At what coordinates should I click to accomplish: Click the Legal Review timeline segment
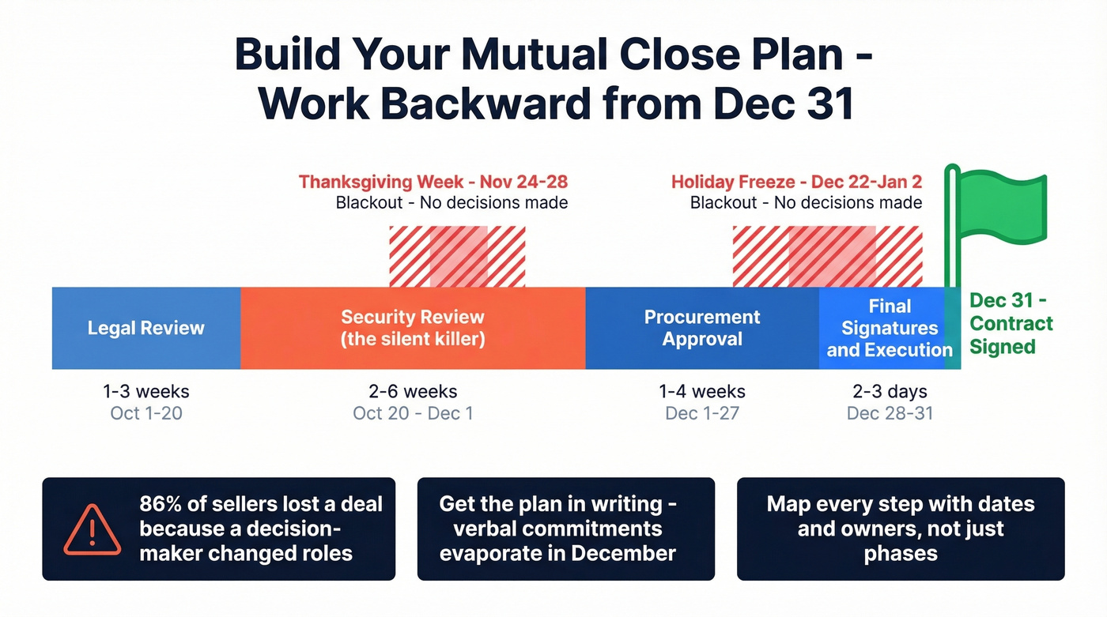coord(146,328)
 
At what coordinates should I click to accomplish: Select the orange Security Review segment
coord(413,328)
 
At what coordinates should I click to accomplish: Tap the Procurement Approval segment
coord(702,328)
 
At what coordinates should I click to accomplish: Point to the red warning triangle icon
coord(93,529)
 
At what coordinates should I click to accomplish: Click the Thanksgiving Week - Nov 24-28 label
coord(433,182)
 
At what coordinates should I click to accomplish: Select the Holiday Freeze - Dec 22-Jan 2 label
coord(796,182)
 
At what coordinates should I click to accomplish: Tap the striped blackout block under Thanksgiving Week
coord(457,257)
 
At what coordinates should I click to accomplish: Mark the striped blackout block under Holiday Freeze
coord(827,257)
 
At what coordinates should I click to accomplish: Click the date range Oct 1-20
coord(146,413)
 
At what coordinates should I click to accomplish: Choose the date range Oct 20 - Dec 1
coord(413,413)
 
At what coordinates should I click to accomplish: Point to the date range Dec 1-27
coord(702,413)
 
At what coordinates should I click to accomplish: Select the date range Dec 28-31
coord(890,413)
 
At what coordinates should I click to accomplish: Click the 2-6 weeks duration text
coord(413,392)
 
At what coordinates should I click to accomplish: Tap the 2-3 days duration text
coord(890,392)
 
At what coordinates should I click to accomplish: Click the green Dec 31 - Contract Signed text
coord(1011,324)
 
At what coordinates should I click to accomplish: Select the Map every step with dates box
coord(901,529)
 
